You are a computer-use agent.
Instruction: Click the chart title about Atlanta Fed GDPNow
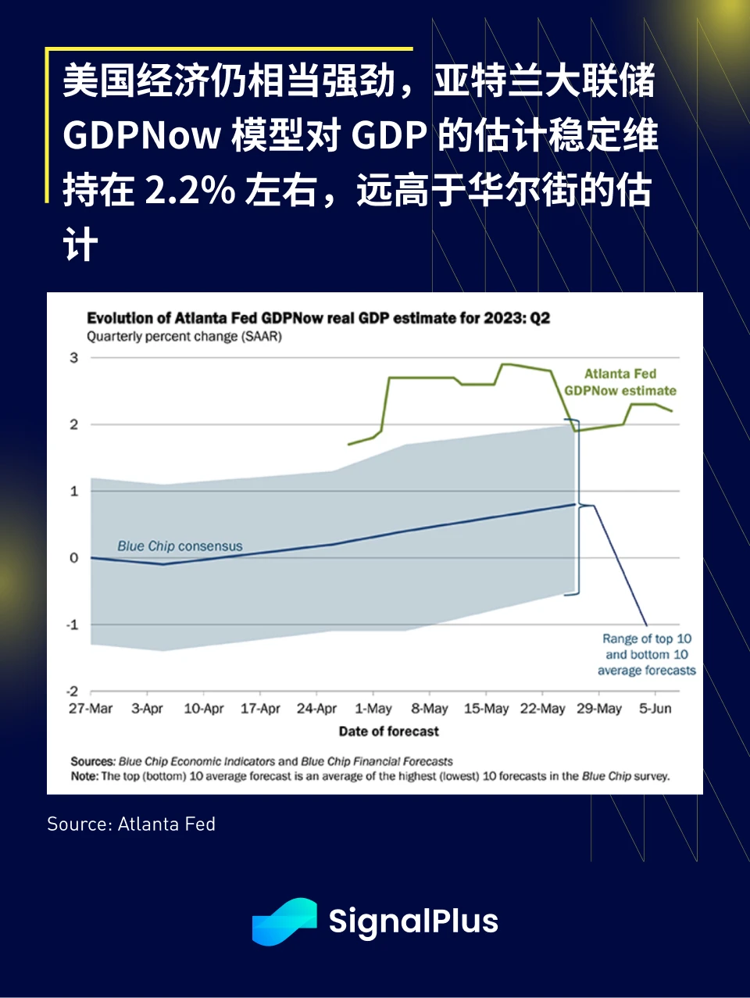pyautogui.click(x=318, y=318)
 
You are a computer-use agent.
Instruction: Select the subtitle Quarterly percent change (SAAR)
pyautogui.click(x=184, y=337)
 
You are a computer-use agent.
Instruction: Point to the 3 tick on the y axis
pyautogui.click(x=74, y=358)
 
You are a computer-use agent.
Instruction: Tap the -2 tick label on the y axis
pyautogui.click(x=73, y=692)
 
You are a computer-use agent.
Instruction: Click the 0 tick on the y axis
pyautogui.click(x=74, y=558)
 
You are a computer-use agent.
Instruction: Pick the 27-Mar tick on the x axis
pyautogui.click(x=91, y=709)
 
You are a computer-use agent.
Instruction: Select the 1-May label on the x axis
pyautogui.click(x=373, y=709)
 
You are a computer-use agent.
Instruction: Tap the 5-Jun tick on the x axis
pyautogui.click(x=655, y=709)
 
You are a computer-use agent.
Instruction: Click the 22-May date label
pyautogui.click(x=542, y=709)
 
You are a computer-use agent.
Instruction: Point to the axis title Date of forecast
pyautogui.click(x=388, y=732)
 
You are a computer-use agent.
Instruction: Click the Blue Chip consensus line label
pyautogui.click(x=180, y=546)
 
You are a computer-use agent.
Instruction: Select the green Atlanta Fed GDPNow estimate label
pyautogui.click(x=620, y=382)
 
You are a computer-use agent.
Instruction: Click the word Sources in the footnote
pyautogui.click(x=92, y=761)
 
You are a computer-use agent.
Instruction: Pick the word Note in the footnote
pyautogui.click(x=84, y=776)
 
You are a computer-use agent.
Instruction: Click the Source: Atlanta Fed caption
pyautogui.click(x=131, y=824)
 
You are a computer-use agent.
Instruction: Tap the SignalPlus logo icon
pyautogui.click(x=284, y=921)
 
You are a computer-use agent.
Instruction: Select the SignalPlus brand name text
pyautogui.click(x=413, y=921)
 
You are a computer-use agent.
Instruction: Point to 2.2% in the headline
pyautogui.click(x=191, y=190)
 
